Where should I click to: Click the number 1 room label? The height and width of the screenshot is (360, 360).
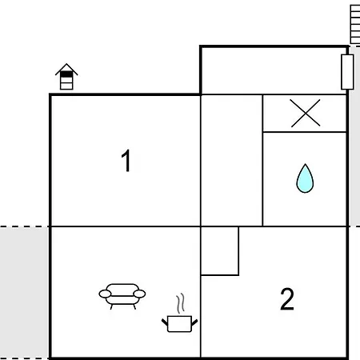click(x=126, y=160)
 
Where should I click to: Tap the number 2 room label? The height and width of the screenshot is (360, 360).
click(x=287, y=298)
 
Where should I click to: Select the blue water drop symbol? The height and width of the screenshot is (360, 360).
click(x=305, y=178)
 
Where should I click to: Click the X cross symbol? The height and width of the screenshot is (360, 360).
click(x=306, y=113)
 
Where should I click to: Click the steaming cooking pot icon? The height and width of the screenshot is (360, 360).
click(x=179, y=314)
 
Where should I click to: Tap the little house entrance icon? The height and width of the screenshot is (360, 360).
click(x=66, y=77)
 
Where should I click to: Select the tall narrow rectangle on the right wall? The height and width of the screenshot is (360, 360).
click(x=347, y=72)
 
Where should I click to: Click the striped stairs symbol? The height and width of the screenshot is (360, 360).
click(x=355, y=24)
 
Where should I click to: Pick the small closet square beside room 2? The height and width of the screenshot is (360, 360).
click(x=219, y=250)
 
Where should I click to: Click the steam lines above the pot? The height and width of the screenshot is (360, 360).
click(x=180, y=303)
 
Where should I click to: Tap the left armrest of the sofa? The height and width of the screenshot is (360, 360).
click(x=105, y=294)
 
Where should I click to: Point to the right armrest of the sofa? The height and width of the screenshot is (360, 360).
click(x=139, y=294)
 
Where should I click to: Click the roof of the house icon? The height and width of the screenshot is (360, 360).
click(x=66, y=69)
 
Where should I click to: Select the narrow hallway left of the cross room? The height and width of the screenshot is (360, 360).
click(x=231, y=160)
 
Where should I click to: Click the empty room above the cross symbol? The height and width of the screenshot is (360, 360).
click(x=274, y=71)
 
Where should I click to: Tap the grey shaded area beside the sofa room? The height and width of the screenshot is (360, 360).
click(x=24, y=293)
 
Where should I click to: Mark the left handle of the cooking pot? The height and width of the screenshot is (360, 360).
click(x=165, y=322)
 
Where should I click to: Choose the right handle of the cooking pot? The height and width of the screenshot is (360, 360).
click(x=194, y=322)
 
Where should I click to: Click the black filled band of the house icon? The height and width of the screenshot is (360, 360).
click(x=66, y=74)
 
